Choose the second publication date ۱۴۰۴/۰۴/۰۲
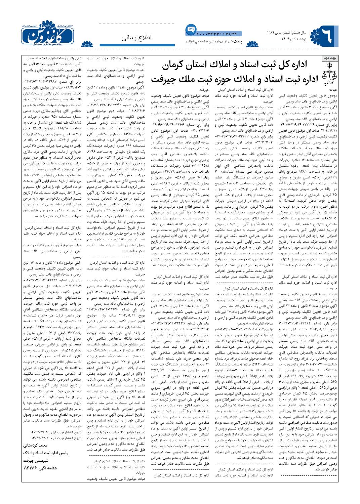pyautogui.click(x=36, y=438)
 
